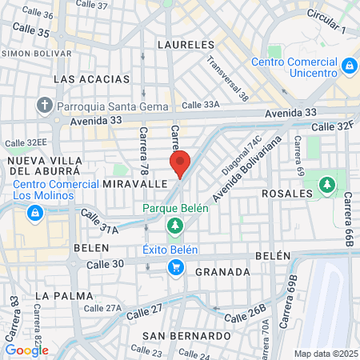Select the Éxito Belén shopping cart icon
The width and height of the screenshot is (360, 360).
click(x=175, y=267)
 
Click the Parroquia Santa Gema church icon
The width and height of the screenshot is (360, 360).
click(x=45, y=105)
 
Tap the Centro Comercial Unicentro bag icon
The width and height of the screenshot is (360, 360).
click(x=349, y=65)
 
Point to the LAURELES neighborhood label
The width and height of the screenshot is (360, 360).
click(x=186, y=45)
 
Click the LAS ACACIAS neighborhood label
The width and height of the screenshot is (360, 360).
click(x=91, y=79)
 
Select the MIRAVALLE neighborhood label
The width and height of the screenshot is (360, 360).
click(x=134, y=183)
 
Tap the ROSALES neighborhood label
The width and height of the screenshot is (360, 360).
click(x=286, y=194)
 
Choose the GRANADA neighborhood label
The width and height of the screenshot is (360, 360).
click(x=222, y=272)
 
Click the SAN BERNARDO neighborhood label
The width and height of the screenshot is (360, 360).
click(x=187, y=335)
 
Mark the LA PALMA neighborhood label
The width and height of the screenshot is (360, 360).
click(x=58, y=295)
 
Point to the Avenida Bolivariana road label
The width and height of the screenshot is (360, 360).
click(x=248, y=171)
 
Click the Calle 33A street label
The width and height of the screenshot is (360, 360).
click(x=200, y=104)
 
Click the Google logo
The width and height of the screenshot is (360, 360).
click(x=26, y=350)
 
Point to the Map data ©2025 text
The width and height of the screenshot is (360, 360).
click(x=324, y=354)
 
